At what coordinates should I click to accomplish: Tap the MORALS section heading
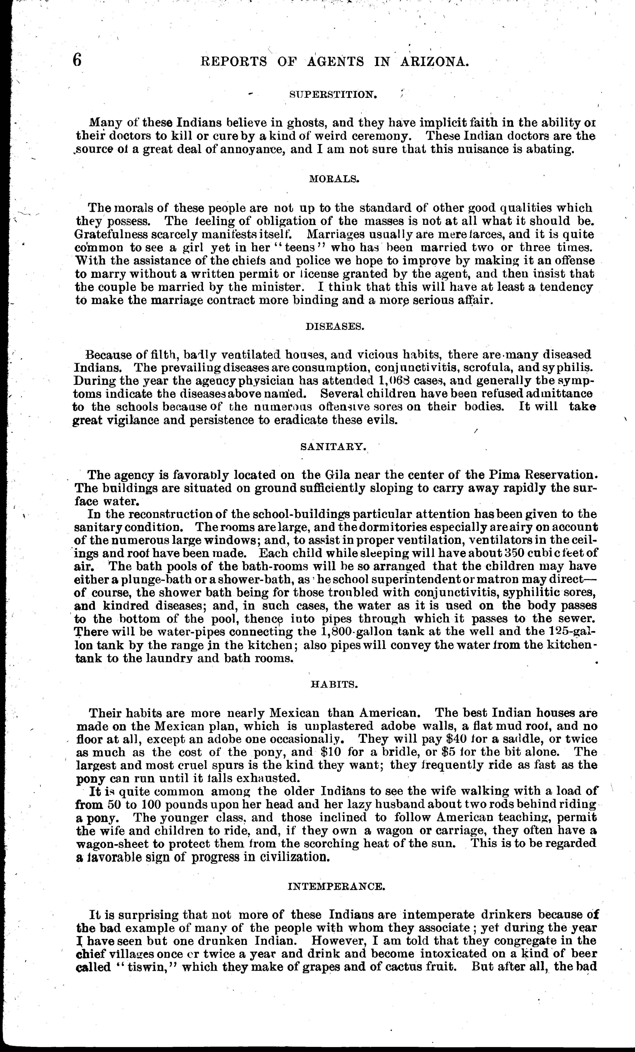[x=334, y=179]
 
